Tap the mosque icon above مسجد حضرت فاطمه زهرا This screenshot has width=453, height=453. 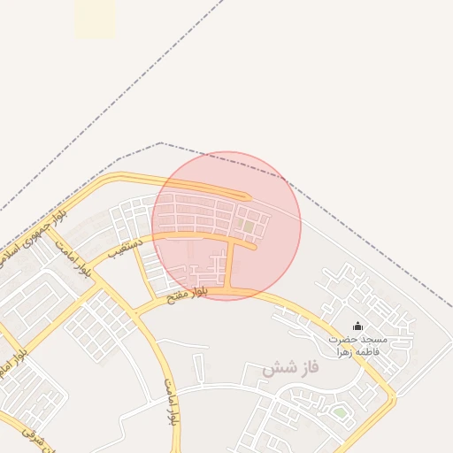[357, 326]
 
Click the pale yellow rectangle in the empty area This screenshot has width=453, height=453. [95, 19]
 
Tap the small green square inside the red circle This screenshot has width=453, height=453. [249, 227]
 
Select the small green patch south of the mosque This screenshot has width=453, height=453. [341, 412]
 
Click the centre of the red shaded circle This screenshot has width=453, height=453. [226, 226]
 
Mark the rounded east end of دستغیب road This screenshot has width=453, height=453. [254, 247]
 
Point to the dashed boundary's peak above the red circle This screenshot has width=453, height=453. [160, 142]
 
